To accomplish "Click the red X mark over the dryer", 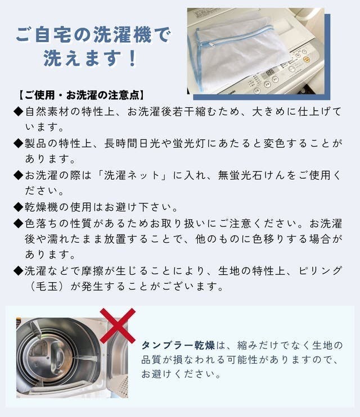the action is (118, 326).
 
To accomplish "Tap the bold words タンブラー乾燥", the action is (178, 346).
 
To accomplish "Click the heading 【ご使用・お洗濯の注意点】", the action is (81, 95).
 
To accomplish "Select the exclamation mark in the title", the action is (132, 58).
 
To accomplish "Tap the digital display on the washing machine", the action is (270, 72).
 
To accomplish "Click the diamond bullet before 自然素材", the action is (19, 111).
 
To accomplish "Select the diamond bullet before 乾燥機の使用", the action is (19, 207).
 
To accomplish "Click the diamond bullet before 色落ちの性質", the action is (19, 223).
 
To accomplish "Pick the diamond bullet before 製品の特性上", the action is (19, 143).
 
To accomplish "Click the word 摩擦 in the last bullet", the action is (93, 271).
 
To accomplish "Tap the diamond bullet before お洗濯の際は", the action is (19, 175).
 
